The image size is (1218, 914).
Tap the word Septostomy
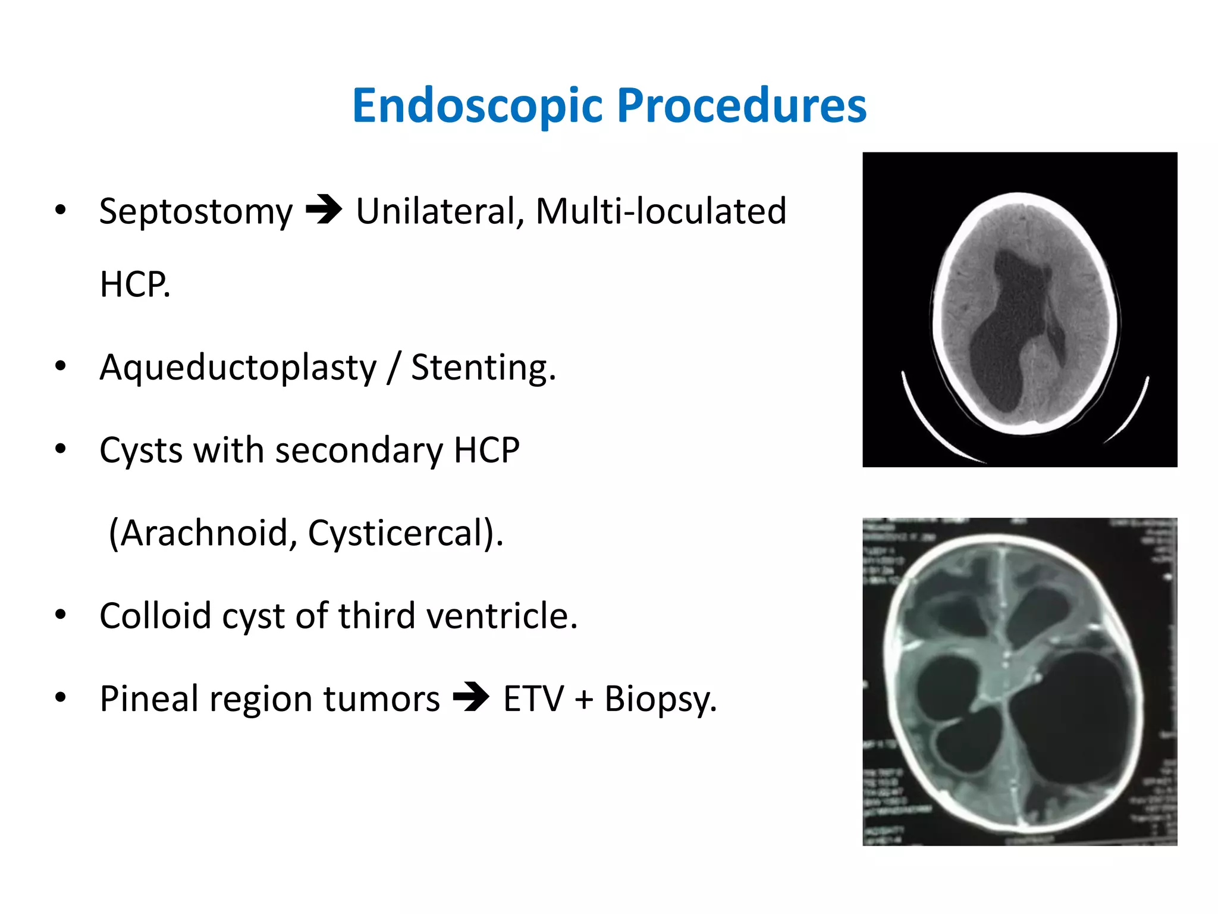196,211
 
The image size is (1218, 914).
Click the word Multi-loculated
661,211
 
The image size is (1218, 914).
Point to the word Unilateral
440,211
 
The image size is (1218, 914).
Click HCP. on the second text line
135,284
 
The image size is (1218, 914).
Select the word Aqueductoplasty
238,367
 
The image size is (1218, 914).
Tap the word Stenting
483,367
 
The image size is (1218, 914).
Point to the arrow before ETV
471,697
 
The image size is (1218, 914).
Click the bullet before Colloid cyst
60,615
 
